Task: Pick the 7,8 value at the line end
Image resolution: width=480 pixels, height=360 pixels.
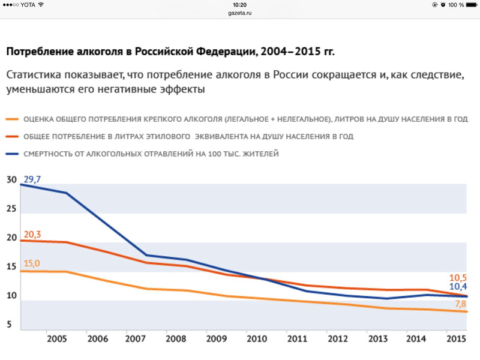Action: [x=460, y=304]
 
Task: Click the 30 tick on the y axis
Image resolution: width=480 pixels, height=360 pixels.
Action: [x=11, y=180]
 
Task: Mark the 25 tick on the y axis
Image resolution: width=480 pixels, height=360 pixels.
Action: [x=11, y=209]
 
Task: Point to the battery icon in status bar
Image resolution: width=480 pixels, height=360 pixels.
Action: [x=469, y=5]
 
